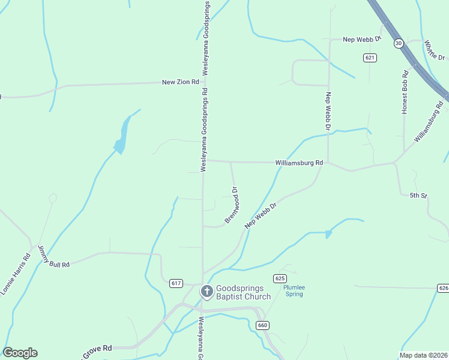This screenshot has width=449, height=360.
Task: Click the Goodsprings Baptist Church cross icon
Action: click(206, 292)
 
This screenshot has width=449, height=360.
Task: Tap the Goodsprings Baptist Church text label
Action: click(243, 292)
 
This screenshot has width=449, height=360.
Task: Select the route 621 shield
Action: click(370, 58)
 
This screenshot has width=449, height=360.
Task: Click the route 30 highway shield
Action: click(399, 43)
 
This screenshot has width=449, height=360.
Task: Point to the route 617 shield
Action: click(176, 283)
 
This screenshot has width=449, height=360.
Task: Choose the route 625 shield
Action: click(279, 278)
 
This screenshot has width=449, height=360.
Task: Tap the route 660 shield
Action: click(262, 325)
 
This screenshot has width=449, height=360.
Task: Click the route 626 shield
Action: click(443, 288)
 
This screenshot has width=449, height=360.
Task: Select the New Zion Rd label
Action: click(180, 82)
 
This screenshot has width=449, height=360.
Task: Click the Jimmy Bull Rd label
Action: click(53, 257)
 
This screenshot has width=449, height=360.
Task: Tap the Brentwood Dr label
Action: click(232, 205)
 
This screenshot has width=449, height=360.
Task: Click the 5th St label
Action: click(418, 196)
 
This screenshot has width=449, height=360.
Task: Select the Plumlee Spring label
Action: click(294, 291)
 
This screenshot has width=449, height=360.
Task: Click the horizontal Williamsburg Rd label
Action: click(299, 163)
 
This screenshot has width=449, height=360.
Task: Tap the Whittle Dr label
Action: click(435, 50)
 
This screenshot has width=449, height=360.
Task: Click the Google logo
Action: click(20, 353)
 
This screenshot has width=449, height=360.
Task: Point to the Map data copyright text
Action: click(423, 355)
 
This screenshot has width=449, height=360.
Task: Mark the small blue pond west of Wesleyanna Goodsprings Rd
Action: click(122, 137)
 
